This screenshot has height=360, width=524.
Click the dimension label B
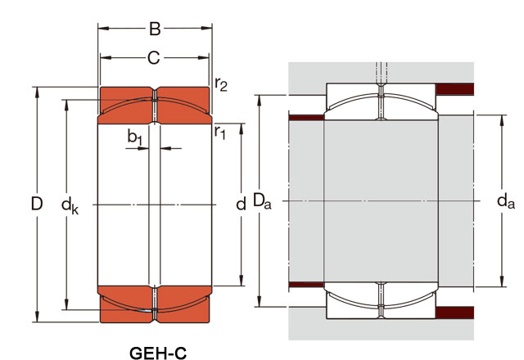pos(155,29)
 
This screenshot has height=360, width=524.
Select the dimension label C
pos(154,58)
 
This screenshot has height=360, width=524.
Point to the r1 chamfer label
pos(220,133)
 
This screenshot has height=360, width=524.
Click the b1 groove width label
pos(134,137)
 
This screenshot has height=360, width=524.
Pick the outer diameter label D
pos(37,204)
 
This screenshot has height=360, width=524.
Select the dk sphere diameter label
pos(70,205)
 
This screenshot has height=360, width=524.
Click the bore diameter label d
pos(241,204)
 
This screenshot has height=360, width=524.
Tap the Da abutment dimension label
pos(262,200)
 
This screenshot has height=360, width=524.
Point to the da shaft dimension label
pos(506,200)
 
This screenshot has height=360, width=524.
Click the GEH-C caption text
pos(158,353)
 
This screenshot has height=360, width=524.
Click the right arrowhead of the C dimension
pos(204,58)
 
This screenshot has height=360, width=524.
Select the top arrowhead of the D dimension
pos(37,92)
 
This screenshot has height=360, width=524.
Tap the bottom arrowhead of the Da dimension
pos(259,301)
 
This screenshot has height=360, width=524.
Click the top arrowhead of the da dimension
pos(501,121)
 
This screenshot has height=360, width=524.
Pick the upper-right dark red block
pos(455,89)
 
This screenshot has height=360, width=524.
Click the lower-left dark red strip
pos(306,285)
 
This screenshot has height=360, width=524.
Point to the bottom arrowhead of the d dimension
pos(242,280)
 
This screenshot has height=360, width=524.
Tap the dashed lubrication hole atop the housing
pos(382,73)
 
